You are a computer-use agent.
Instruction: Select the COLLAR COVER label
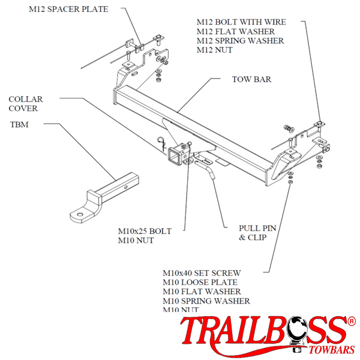(23, 103)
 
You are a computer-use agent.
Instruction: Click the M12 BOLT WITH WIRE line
(241, 22)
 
